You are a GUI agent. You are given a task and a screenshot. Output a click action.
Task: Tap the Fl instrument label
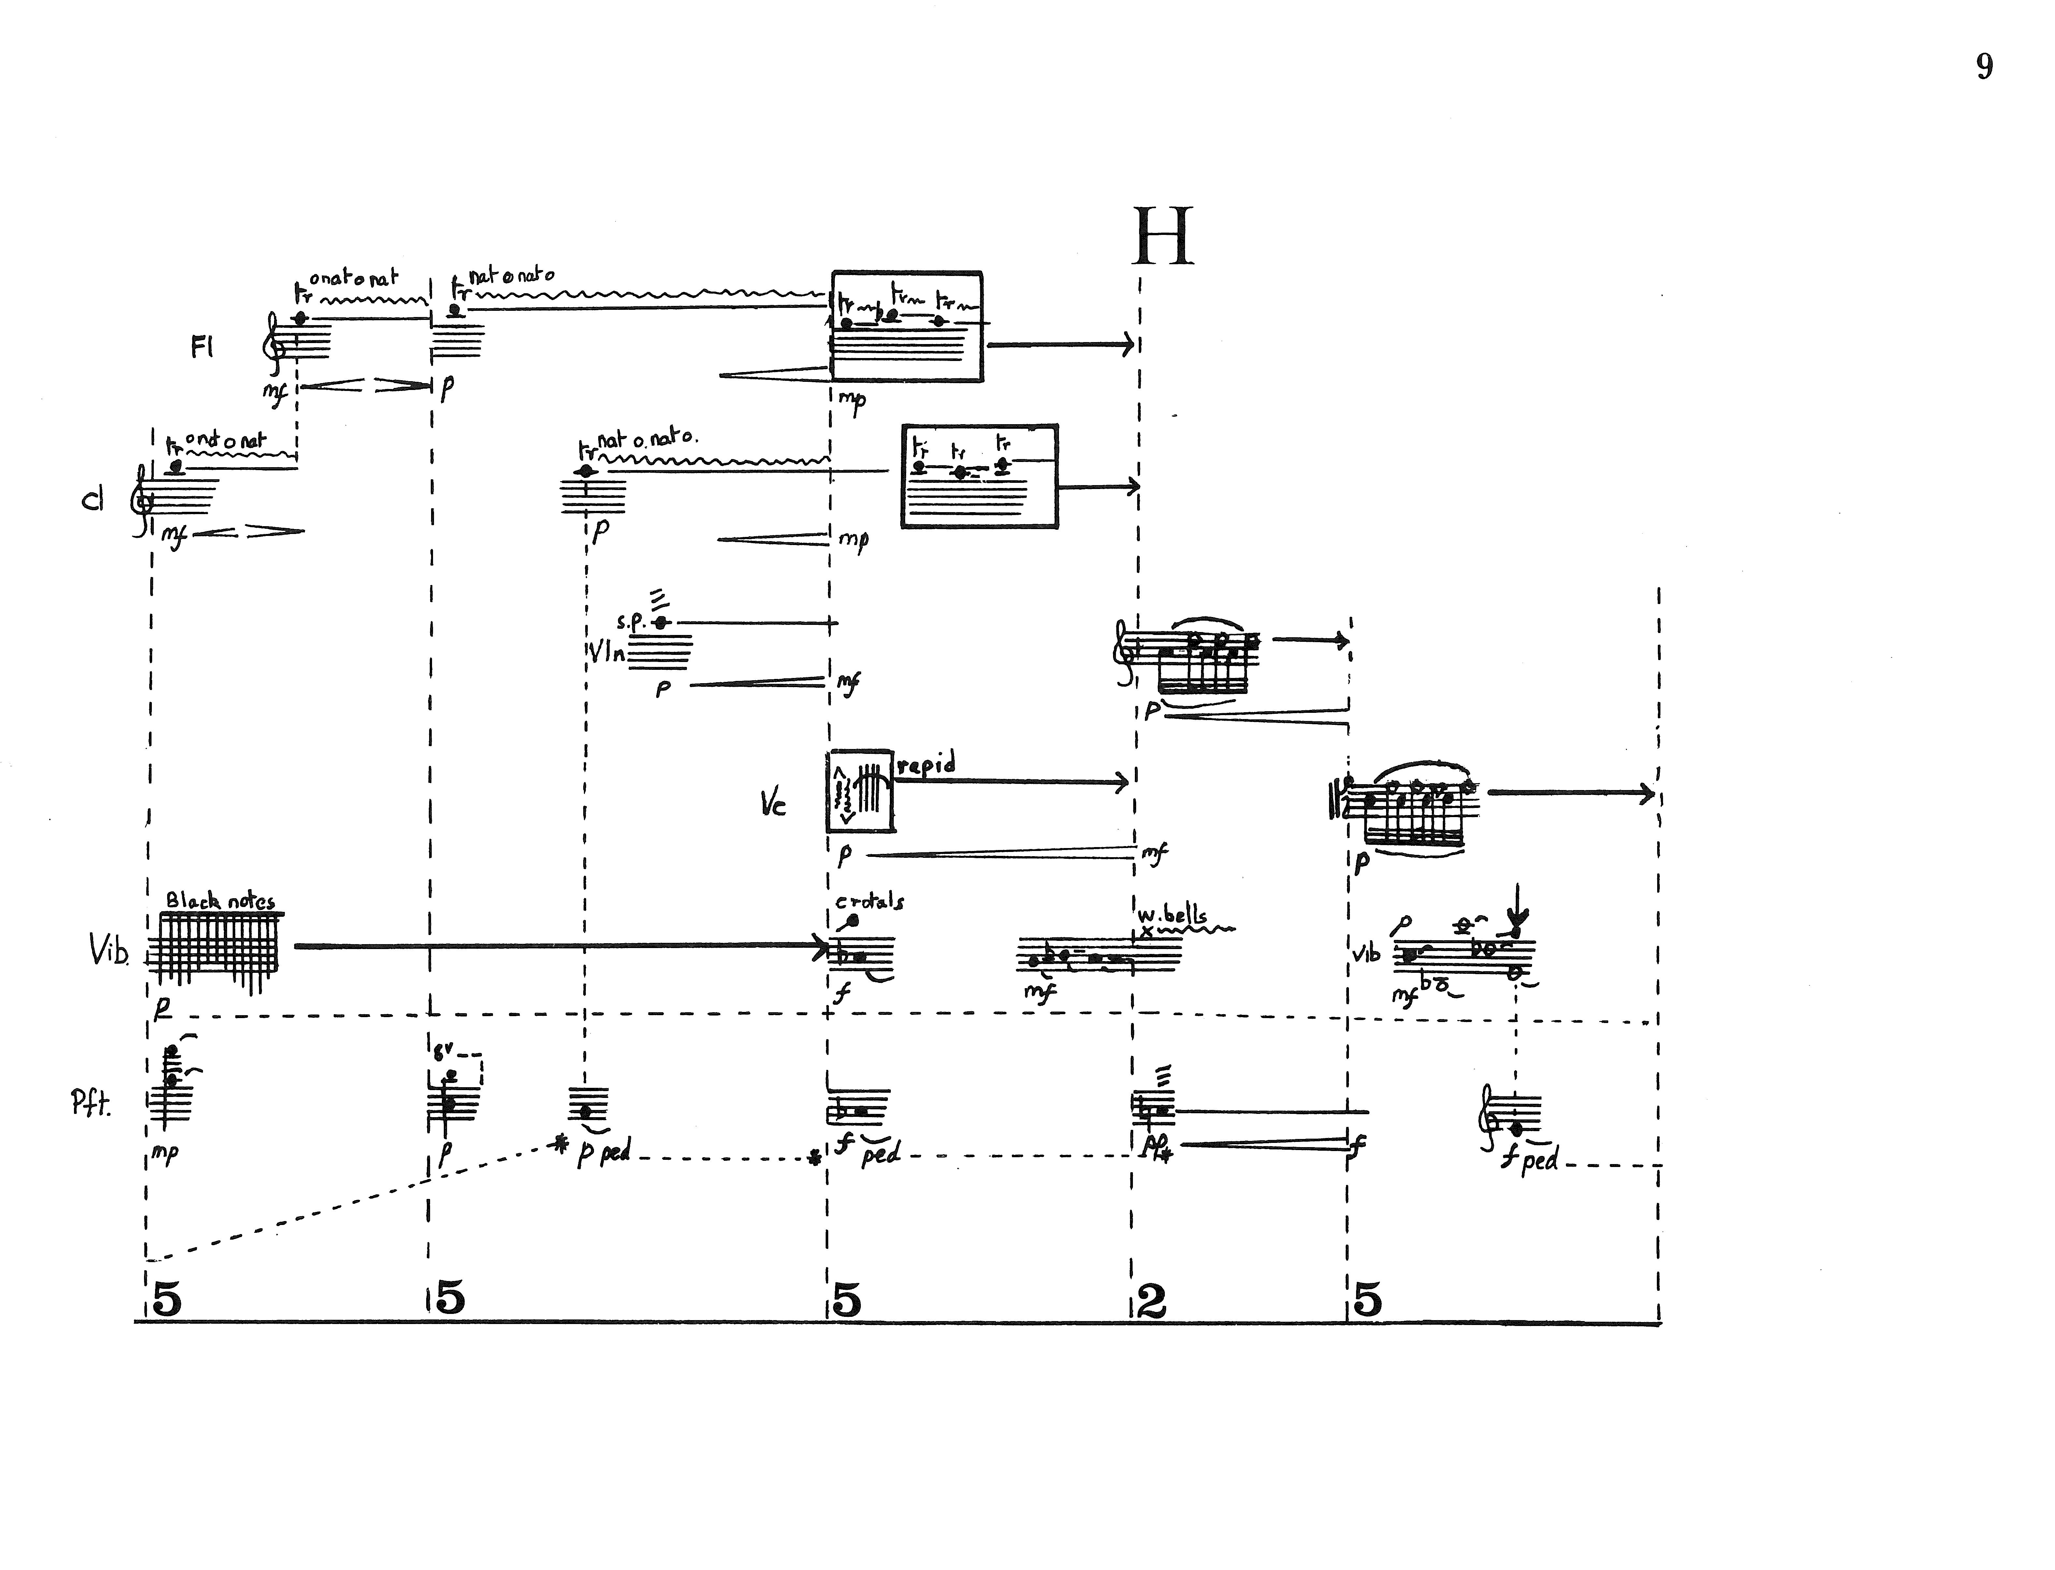[202, 348]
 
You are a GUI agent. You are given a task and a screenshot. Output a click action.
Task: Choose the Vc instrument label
[773, 805]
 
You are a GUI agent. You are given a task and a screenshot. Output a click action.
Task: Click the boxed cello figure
[860, 791]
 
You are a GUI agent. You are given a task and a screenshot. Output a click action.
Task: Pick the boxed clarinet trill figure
[979, 477]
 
